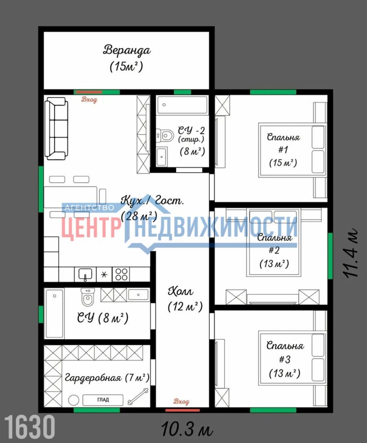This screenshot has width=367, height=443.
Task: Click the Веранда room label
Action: click(x=127, y=50)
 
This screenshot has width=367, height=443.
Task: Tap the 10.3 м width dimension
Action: click(x=187, y=429)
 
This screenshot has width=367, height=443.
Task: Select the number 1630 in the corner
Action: click(x=30, y=426)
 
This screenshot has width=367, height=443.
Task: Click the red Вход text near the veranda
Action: click(x=89, y=100)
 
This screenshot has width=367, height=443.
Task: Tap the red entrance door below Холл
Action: click(x=183, y=410)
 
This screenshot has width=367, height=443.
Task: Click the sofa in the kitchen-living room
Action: click(x=56, y=129)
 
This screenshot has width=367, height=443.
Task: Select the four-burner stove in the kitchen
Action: click(x=121, y=274)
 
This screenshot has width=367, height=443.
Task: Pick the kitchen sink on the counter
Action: click(x=85, y=275)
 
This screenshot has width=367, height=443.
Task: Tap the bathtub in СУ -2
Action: click(x=183, y=105)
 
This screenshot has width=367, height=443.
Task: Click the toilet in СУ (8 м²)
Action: click(x=88, y=297)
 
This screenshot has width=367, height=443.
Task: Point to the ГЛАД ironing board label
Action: click(x=103, y=400)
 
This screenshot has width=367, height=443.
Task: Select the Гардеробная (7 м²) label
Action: click(x=107, y=378)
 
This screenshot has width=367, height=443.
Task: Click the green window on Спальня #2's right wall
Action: click(x=330, y=256)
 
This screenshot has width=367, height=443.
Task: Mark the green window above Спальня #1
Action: click(x=273, y=92)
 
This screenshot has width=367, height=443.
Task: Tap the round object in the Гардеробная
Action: click(x=74, y=401)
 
